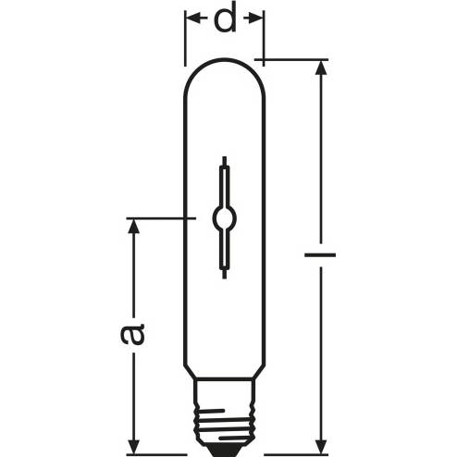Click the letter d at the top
point(226,18)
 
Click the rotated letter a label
point(132,334)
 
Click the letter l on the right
point(320,254)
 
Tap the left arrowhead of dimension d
point(192,19)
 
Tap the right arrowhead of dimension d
point(255,19)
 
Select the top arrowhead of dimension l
point(321,68)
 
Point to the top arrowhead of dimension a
point(133,227)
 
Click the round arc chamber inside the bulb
point(225,218)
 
